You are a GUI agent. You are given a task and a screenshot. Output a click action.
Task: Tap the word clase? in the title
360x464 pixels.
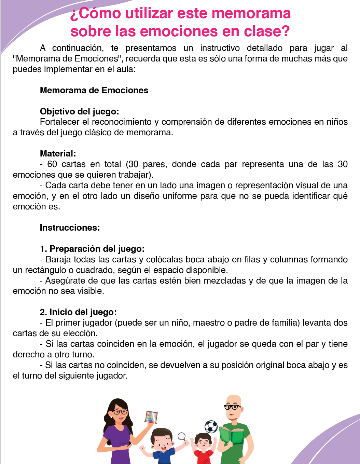coord(267,31)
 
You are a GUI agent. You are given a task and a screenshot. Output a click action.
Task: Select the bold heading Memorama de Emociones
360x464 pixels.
coord(94,91)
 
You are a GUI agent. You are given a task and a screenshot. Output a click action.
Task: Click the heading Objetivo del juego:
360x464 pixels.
coord(79,112)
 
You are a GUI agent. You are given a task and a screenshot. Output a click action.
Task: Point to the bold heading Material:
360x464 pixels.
coord(58,154)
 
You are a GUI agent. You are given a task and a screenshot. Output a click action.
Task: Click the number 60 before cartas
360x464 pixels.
coord(52,164)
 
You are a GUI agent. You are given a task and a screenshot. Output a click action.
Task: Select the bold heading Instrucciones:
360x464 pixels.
coord(70,228)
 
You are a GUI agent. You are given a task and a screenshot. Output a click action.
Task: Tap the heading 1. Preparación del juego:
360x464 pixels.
coord(92,249)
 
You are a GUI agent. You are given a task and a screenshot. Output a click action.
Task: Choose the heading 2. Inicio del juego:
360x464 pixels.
coord(78,312)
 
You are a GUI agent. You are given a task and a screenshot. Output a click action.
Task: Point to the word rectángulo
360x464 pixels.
coord(46,270)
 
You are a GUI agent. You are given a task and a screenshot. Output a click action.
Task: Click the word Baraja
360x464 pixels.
coord(58,260)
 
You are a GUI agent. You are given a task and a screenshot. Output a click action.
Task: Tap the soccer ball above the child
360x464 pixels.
coord(211,427)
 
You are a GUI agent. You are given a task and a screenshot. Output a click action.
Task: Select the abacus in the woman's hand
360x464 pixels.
coord(151,417)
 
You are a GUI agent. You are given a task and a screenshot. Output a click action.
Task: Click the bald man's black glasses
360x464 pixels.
coord(233,407)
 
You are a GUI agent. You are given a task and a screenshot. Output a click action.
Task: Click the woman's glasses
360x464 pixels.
coord(120,412)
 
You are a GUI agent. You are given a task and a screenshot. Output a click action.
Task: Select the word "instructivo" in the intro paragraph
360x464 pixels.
coord(220,48)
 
